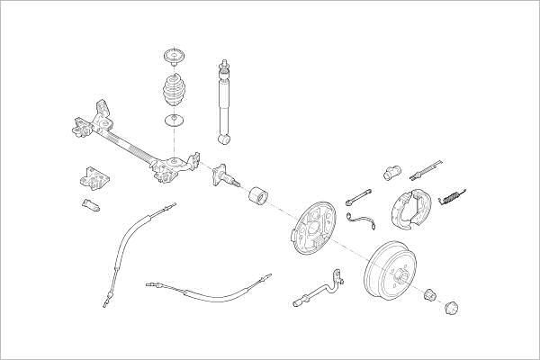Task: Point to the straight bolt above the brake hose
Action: [x=358, y=194]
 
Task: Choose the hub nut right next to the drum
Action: [x=431, y=293]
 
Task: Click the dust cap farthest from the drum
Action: [x=453, y=307]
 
